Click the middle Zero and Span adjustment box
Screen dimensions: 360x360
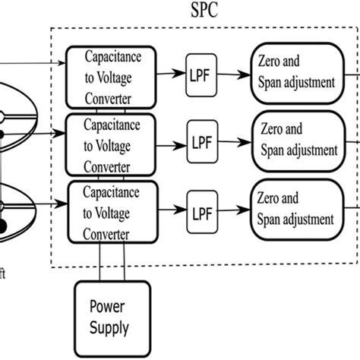298,142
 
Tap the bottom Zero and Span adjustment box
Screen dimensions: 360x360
298,210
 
